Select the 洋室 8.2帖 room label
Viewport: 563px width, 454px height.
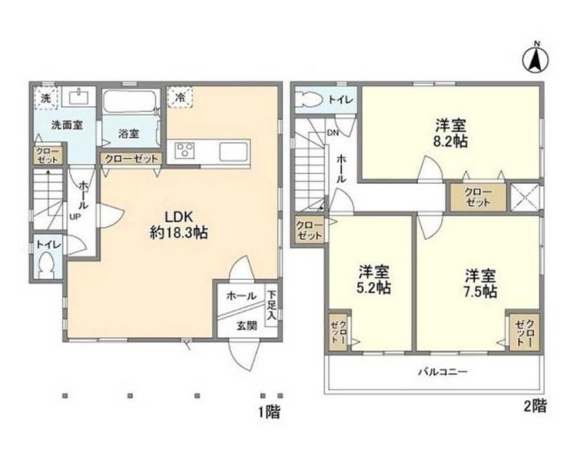pos(450,133)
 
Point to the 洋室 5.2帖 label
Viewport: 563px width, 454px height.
pos(372,280)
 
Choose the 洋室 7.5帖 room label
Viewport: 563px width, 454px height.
pos(477,280)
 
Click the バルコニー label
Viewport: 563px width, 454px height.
pos(443,372)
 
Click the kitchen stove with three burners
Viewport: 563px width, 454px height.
pos(185,150)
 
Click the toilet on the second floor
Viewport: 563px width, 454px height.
pos(311,100)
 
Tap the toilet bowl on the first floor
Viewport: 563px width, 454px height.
pos(47,265)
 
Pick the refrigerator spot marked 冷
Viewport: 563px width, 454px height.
pos(179,96)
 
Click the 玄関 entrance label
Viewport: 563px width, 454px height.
pos(247,324)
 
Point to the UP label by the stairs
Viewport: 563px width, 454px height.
pos(73,217)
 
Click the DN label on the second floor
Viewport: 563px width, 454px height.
pos(333,131)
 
